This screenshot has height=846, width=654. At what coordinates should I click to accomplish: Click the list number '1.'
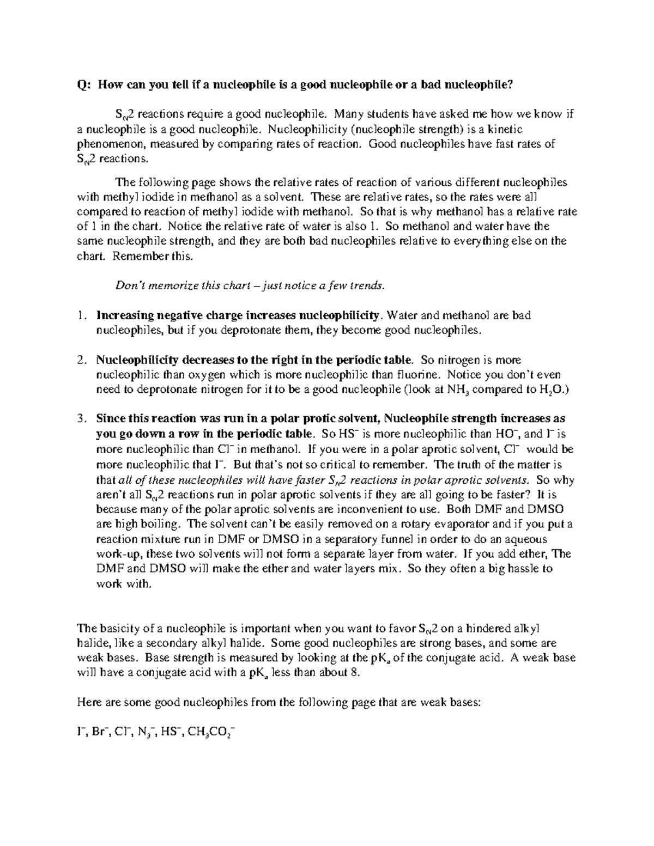point(82,315)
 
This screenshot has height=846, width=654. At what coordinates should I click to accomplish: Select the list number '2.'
point(82,360)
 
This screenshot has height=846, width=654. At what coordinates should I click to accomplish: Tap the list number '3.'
point(82,419)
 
